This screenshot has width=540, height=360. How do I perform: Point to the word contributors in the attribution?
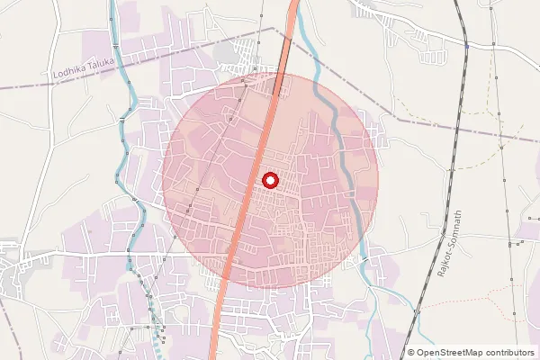509,353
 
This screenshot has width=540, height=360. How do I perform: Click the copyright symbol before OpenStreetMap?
411,353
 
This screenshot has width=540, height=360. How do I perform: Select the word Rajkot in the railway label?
443,265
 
